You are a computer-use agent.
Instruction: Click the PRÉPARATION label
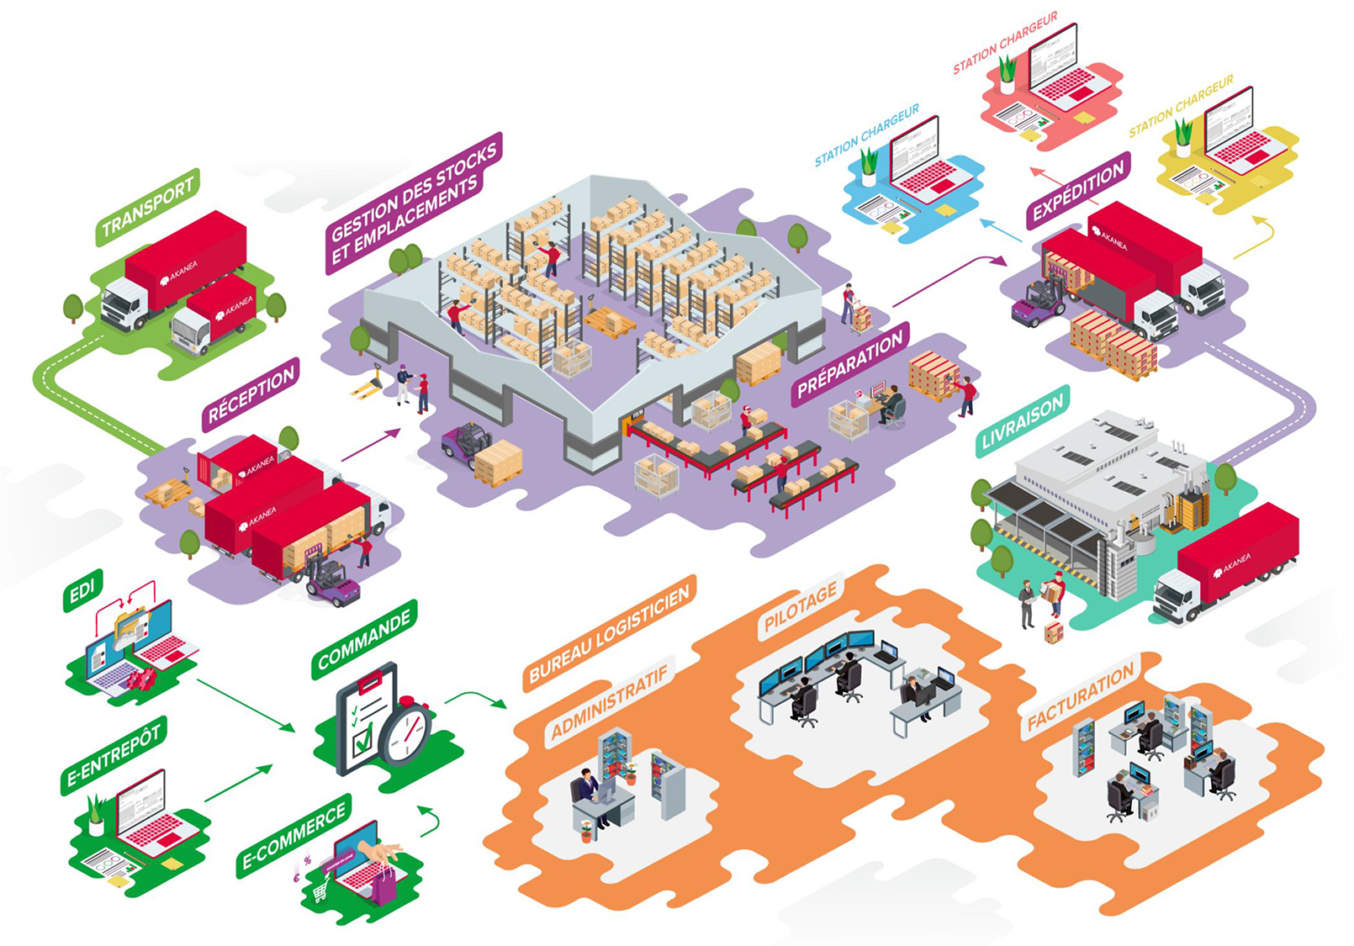coord(849,364)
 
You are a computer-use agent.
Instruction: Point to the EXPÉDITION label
coord(1077,190)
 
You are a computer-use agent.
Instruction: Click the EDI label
coord(82,590)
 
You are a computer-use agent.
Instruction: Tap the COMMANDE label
coord(364,639)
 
